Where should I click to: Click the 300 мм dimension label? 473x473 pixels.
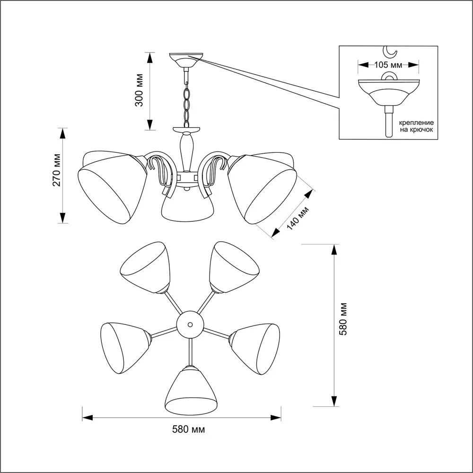(x=139, y=91)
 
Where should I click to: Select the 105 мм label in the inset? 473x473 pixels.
(x=388, y=64)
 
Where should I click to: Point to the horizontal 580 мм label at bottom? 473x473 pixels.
(x=188, y=429)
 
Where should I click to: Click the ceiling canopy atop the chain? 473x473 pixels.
(x=187, y=60)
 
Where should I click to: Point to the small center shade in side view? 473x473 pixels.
(x=186, y=208)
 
